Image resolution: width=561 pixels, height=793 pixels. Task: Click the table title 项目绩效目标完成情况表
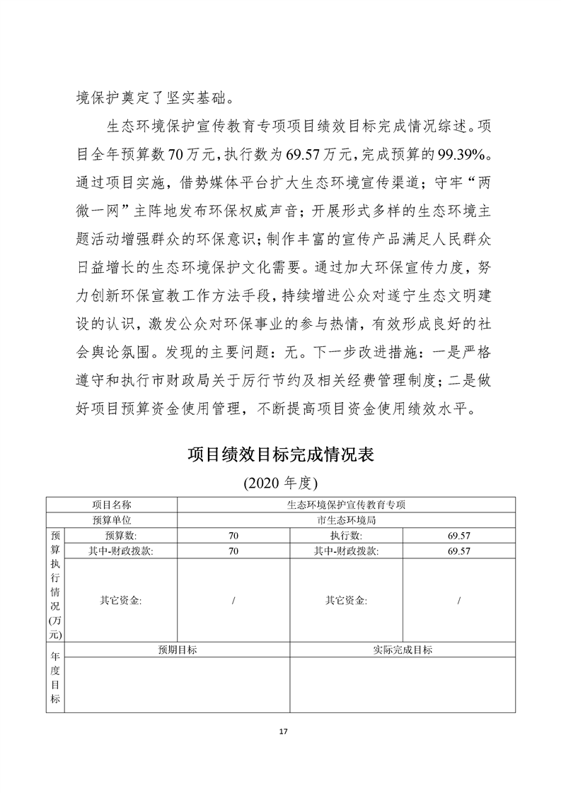[280, 454]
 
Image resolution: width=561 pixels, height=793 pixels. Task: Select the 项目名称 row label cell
[112, 505]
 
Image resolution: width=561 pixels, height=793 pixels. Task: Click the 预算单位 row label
[112, 520]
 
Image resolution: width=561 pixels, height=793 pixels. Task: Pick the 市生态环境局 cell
[346, 520]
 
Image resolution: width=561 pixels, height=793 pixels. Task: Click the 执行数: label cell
[346, 536]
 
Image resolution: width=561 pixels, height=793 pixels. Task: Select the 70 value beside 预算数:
[233, 536]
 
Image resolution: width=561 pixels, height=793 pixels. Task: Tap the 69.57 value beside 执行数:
[458, 536]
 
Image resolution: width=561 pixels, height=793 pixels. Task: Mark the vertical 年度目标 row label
[55, 678]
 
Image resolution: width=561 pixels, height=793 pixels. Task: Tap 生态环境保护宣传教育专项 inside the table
[346, 505]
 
